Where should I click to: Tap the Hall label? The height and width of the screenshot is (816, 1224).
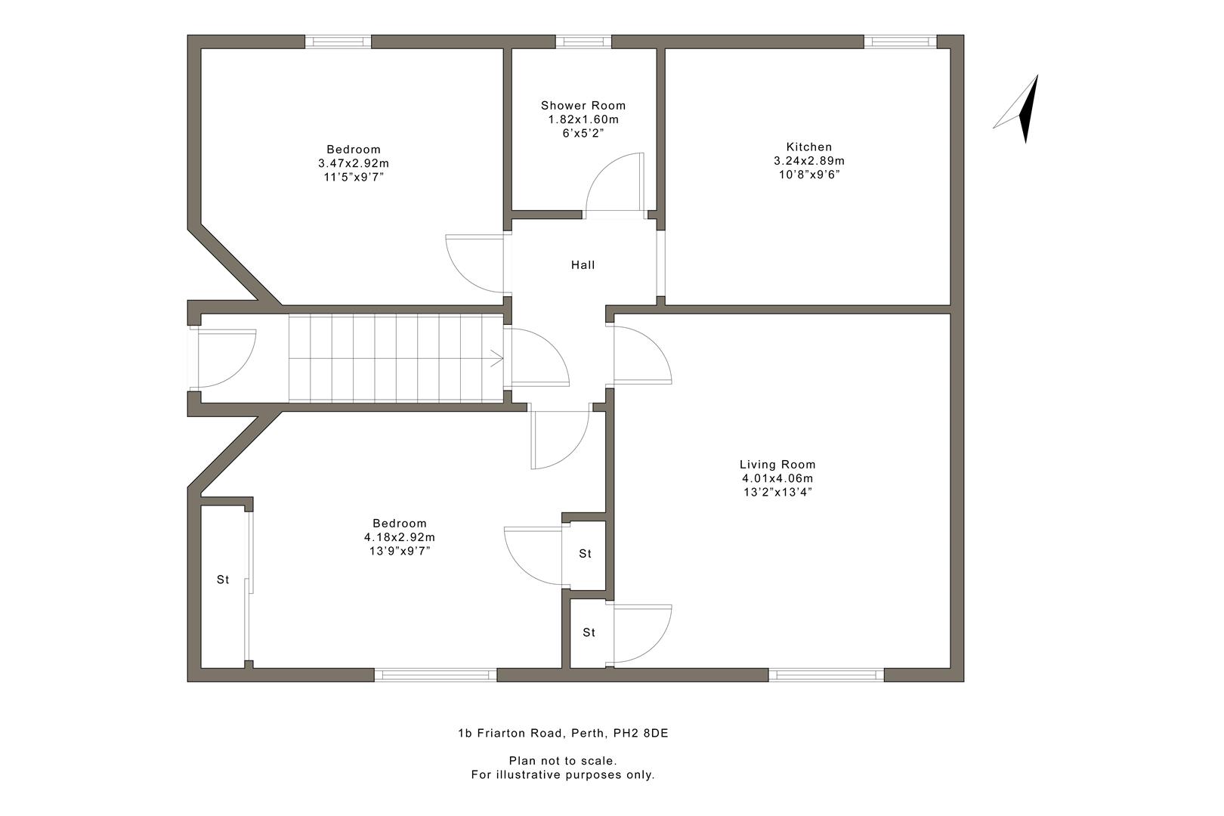click(x=583, y=265)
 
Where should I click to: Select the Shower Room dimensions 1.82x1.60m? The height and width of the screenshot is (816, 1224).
click(x=583, y=119)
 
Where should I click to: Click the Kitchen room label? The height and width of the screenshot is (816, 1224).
click(x=808, y=147)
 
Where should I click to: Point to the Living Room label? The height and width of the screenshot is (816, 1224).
click(x=777, y=465)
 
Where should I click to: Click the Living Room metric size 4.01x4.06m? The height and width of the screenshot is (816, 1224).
click(x=777, y=478)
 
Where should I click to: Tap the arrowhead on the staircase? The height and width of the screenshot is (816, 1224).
click(x=497, y=359)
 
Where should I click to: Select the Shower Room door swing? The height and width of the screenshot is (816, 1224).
click(x=613, y=185)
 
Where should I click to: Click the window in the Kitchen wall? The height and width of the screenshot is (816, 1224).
click(x=900, y=42)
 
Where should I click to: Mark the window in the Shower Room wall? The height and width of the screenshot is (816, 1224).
click(x=583, y=42)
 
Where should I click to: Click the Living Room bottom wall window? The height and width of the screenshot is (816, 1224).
click(x=827, y=675)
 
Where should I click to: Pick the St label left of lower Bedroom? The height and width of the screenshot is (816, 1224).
click(x=223, y=580)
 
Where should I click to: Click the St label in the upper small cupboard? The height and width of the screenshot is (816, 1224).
click(x=585, y=554)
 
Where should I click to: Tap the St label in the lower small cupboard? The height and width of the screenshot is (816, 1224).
click(x=589, y=632)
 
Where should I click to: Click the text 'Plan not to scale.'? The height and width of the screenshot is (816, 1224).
click(x=563, y=761)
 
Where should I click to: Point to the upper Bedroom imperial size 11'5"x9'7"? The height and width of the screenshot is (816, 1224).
click(x=354, y=177)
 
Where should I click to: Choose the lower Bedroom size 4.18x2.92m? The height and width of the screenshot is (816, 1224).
click(x=400, y=537)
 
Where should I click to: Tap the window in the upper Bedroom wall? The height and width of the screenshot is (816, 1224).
click(x=338, y=42)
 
